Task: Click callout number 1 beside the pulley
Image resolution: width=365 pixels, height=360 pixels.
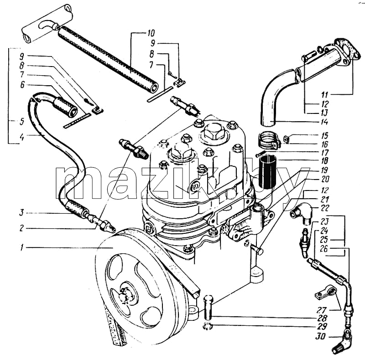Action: [21, 248]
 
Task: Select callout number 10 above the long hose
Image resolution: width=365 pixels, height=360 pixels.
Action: [151, 33]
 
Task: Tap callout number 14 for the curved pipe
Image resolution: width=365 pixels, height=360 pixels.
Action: [324, 122]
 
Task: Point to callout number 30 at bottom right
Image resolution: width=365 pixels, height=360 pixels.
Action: [321, 336]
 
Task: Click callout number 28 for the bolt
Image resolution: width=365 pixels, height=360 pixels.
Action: [323, 318]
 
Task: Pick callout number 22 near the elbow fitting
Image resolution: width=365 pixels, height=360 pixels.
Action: [324, 208]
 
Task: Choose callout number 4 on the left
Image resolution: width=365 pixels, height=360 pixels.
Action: [21, 137]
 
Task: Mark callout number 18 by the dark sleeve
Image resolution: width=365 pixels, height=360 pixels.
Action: [324, 161]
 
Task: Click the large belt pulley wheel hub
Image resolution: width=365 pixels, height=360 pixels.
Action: [125, 297]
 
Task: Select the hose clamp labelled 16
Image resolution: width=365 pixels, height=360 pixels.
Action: [268, 140]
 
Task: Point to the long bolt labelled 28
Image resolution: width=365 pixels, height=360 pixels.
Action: [209, 307]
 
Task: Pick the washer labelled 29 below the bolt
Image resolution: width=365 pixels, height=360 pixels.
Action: [208, 326]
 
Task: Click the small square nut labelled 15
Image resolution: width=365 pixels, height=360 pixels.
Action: [287, 139]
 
